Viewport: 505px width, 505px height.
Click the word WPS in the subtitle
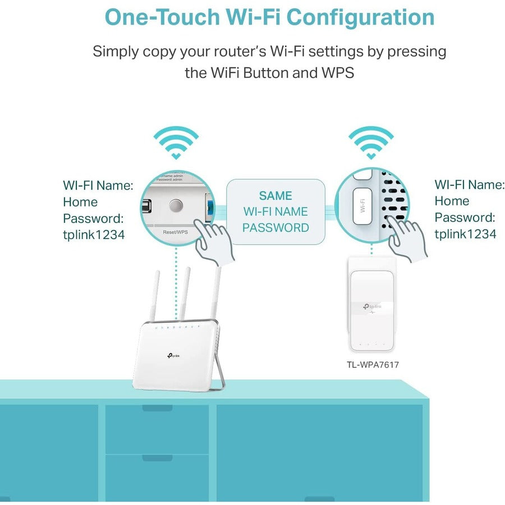point(336,73)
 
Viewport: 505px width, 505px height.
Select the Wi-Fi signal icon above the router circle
point(176,143)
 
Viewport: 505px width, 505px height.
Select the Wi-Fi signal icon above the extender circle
point(371,143)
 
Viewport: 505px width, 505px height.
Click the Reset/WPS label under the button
point(175,231)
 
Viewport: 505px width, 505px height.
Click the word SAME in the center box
point(276,196)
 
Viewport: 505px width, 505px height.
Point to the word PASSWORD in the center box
point(276,228)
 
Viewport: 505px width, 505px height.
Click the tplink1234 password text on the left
point(94,235)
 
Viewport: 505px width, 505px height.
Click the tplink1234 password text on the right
point(465,234)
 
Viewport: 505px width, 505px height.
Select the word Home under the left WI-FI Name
point(80,202)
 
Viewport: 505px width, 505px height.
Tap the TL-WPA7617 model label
point(373,365)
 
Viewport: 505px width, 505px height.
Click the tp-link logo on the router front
point(172,355)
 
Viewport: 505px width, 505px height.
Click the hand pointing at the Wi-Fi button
point(409,238)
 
